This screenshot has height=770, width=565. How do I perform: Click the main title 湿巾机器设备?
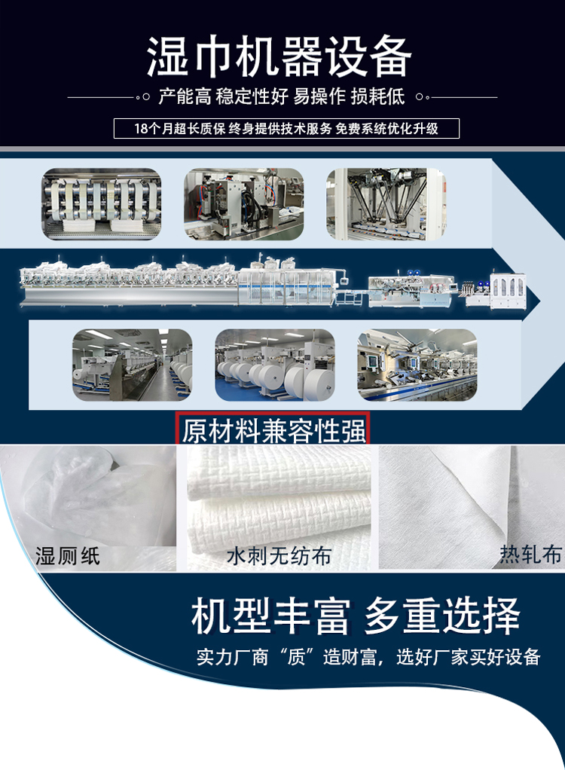[x=279, y=57]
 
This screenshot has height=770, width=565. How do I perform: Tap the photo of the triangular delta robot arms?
[x=386, y=204]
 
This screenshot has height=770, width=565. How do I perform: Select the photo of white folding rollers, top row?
[x=102, y=204]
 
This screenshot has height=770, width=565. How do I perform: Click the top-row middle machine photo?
[x=244, y=204]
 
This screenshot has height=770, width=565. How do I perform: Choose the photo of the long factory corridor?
[x=132, y=365]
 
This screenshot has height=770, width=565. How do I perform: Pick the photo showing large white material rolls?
[x=275, y=365]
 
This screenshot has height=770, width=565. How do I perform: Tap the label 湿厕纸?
[x=68, y=557]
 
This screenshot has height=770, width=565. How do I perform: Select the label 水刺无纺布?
[x=279, y=557]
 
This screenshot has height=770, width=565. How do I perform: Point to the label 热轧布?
[x=530, y=555]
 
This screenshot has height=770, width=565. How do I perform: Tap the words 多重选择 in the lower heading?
[x=442, y=617]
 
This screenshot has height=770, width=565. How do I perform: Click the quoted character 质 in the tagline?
[x=296, y=656]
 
